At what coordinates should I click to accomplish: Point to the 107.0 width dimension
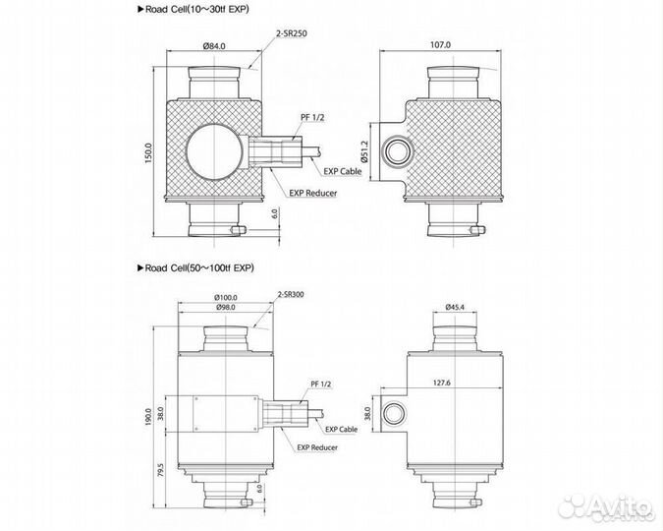[x=440, y=45]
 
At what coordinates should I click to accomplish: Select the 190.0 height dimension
[x=148, y=417]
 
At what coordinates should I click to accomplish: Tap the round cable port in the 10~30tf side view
[x=397, y=149]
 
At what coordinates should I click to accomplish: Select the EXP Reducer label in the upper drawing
[x=312, y=193]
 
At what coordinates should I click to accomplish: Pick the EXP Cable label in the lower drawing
[x=343, y=429]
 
